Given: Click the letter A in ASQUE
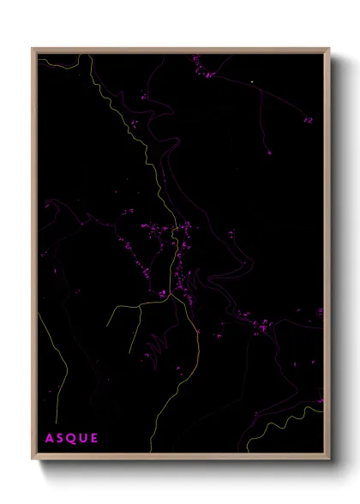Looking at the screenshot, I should pyautogui.click(x=49, y=439).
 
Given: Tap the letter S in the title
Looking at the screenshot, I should pyautogui.click(x=60, y=439).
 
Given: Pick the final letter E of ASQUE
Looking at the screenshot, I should pyautogui.click(x=94, y=439).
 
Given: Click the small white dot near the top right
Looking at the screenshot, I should pyautogui.click(x=252, y=82).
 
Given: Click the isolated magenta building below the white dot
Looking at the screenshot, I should pyautogui.click(x=268, y=153).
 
